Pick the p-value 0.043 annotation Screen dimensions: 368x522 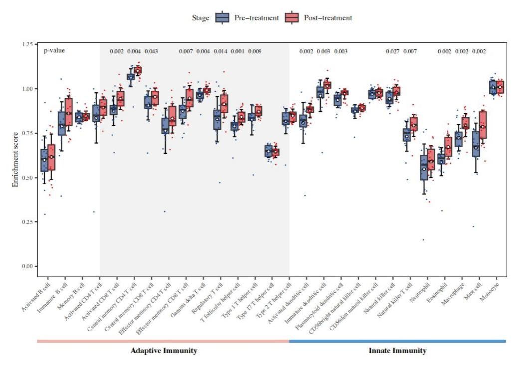coord(151,51)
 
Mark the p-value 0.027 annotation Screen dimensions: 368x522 coord(393,51)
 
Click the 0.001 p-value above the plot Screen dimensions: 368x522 coord(238,51)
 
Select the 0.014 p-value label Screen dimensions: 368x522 coord(221,51)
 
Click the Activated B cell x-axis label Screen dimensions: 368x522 coord(34,297)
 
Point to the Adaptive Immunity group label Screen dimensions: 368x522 coord(164,351)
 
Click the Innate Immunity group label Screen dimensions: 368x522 coord(397,351)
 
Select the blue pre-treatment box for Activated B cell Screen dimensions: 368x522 coord(44,160)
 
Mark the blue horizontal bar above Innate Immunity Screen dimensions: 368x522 coord(397,341)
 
